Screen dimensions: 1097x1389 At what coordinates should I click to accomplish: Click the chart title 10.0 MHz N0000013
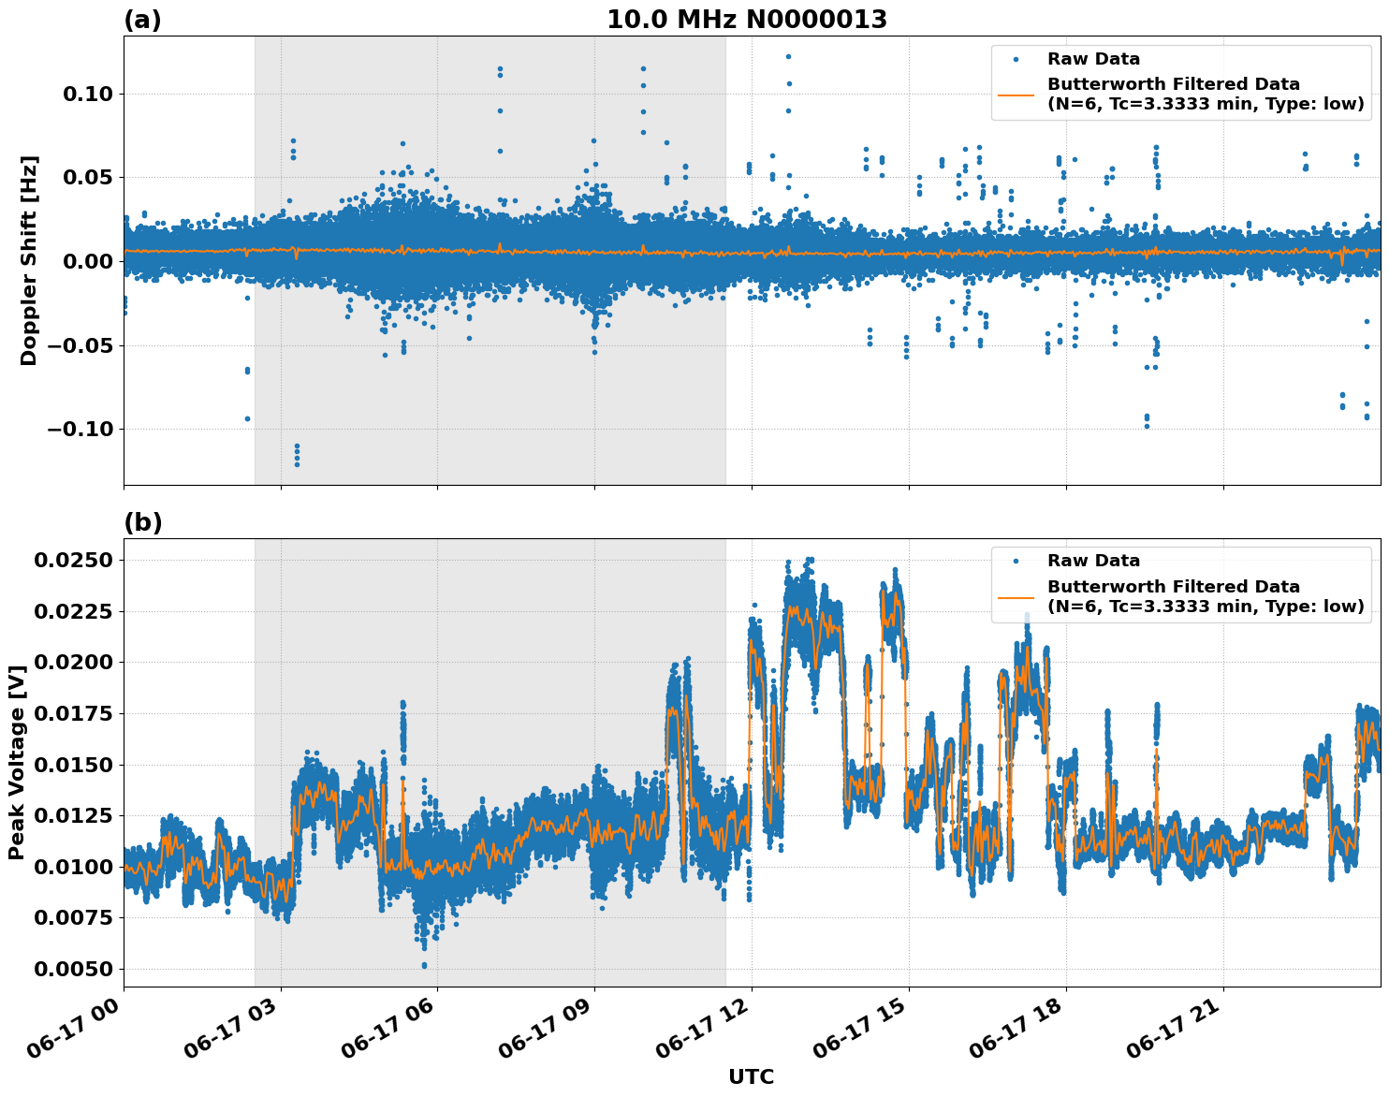pyautogui.click(x=746, y=20)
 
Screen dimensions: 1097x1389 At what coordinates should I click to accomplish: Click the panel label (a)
pyautogui.click(x=142, y=20)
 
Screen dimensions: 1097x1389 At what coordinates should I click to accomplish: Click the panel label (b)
pyautogui.click(x=142, y=522)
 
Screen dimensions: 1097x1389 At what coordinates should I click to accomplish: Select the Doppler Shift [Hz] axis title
pyautogui.click(x=29, y=260)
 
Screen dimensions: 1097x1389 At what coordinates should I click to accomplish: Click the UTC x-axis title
pyautogui.click(x=751, y=1076)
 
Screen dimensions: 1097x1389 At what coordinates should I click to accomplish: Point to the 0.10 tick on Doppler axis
pyautogui.click(x=87, y=94)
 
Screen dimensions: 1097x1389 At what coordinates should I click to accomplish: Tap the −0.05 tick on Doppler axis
pyautogui.click(x=79, y=345)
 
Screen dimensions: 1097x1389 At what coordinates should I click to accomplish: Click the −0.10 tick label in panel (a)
pyautogui.click(x=79, y=430)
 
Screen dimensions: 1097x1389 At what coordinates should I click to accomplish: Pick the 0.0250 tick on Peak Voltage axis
pyautogui.click(x=74, y=560)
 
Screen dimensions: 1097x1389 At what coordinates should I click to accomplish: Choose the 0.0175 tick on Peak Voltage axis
pyautogui.click(x=74, y=713)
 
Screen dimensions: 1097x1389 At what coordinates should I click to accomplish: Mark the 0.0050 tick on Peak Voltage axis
pyautogui.click(x=74, y=969)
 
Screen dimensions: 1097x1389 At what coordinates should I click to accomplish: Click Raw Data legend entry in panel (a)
pyautogui.click(x=1093, y=59)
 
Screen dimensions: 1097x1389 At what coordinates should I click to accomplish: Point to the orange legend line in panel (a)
pyautogui.click(x=1016, y=95)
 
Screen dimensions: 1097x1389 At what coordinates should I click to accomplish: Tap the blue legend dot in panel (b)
pyautogui.click(x=1016, y=561)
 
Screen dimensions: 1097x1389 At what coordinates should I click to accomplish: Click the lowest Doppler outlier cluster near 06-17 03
pyautogui.click(x=297, y=457)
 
